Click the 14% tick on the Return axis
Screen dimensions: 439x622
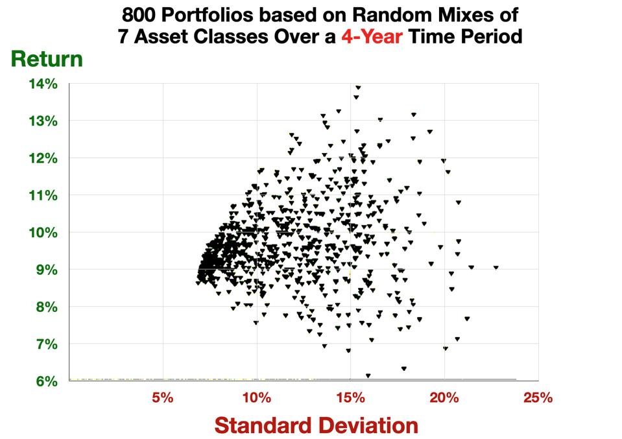[43, 84]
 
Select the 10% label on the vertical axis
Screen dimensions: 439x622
[43, 233]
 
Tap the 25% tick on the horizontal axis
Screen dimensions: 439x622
[538, 397]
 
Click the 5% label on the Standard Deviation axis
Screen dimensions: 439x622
[163, 397]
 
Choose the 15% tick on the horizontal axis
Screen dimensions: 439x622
[350, 397]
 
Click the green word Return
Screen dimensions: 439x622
[46, 60]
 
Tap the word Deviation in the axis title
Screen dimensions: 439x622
[354, 425]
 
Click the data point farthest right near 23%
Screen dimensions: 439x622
[496, 267]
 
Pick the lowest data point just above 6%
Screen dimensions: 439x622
[368, 375]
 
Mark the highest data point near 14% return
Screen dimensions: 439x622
[357, 87]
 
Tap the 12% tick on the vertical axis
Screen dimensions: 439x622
[43, 159]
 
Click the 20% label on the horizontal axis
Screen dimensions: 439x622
[444, 397]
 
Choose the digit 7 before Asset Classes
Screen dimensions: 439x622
[123, 37]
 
